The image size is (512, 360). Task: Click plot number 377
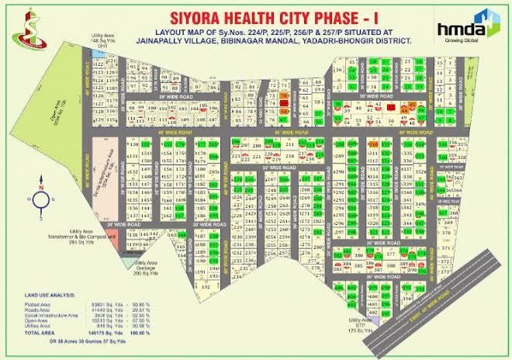390,252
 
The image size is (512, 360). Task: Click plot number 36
352,71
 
